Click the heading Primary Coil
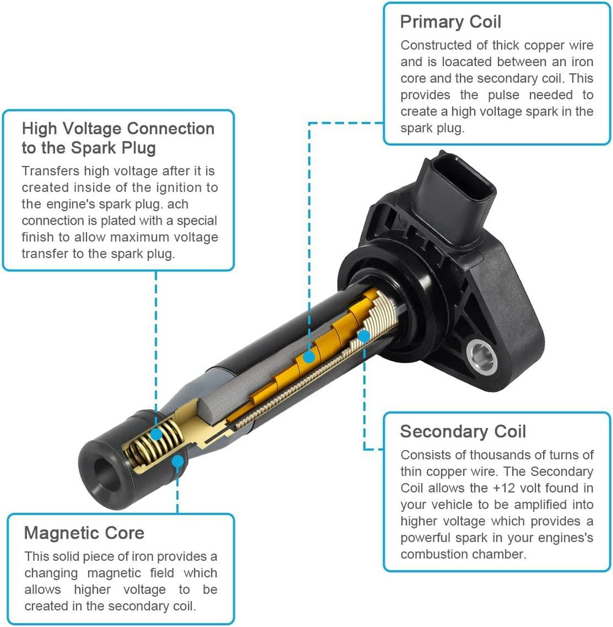[x=450, y=21]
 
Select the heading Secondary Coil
[x=462, y=432]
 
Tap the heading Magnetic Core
[x=84, y=533]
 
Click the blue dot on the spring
[x=156, y=434]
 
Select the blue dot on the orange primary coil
[x=309, y=357]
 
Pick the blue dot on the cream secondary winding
[x=364, y=336]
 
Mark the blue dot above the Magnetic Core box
[x=178, y=462]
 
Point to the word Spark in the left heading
[x=94, y=148]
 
